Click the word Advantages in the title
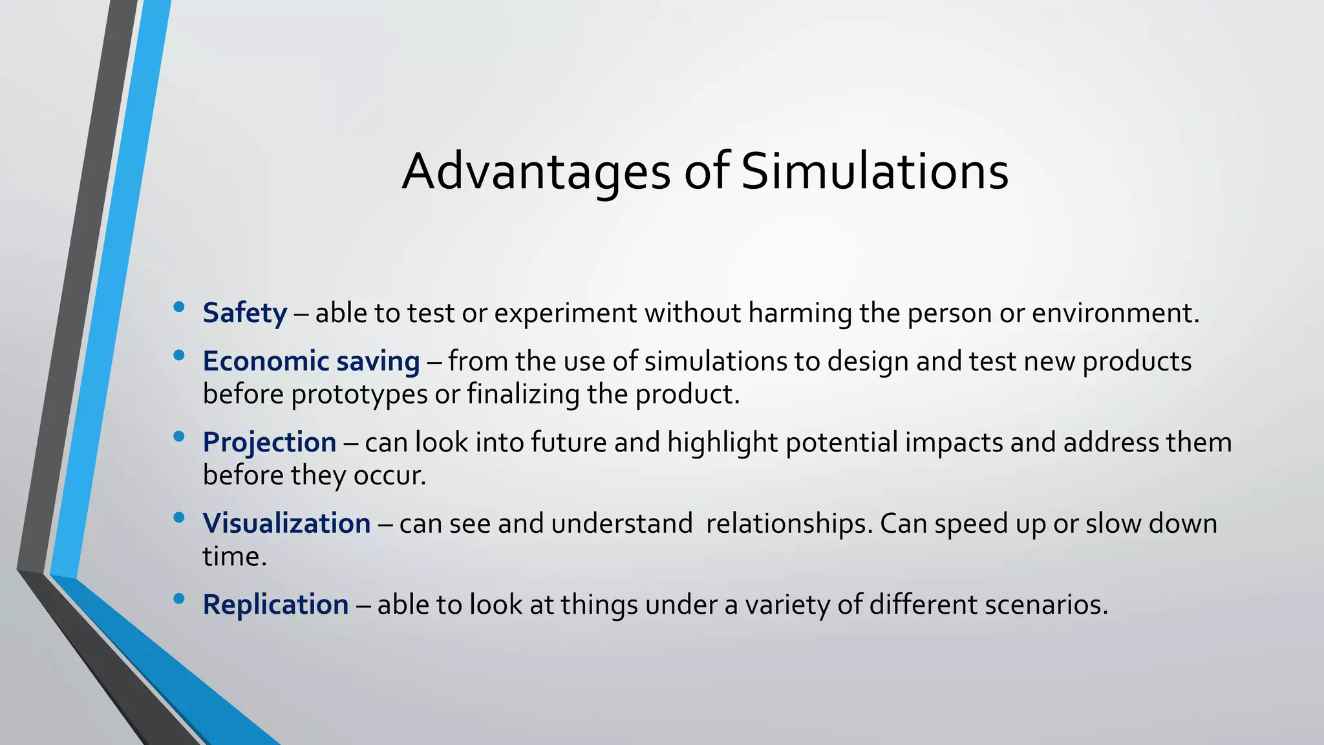pyautogui.click(x=536, y=172)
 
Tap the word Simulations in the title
pyautogui.click(x=874, y=172)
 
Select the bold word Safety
pyautogui.click(x=244, y=313)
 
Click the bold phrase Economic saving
pyautogui.click(x=311, y=362)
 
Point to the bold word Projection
pyautogui.click(x=269, y=443)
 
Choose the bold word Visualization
pyautogui.click(x=286, y=524)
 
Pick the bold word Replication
pyautogui.click(x=275, y=605)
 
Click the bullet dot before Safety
pyautogui.click(x=179, y=307)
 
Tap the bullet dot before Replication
pyautogui.click(x=179, y=598)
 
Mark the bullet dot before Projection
pyautogui.click(x=179, y=437)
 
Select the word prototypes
pyautogui.click(x=359, y=394)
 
